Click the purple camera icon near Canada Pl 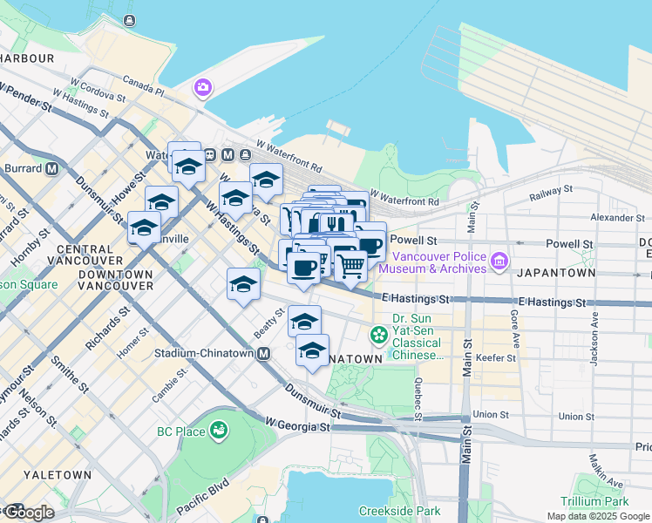[203, 87]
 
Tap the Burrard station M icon [52, 167]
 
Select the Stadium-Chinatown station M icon [262, 353]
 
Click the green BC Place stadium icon [219, 430]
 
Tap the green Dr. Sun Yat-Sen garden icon [379, 334]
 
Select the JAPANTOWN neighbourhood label [555, 274]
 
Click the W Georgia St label [297, 426]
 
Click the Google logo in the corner [28, 513]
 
